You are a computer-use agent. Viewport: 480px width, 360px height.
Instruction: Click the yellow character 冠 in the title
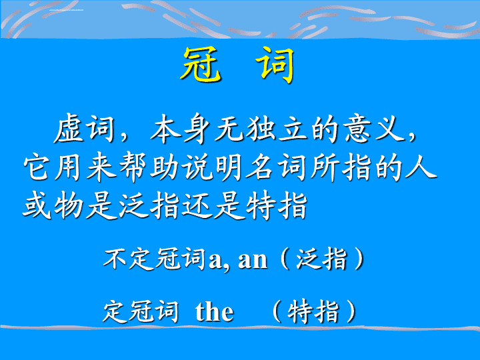click(201, 65)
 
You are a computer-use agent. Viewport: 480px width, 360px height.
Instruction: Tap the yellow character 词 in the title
click(275, 65)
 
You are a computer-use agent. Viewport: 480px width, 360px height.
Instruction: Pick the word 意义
click(375, 129)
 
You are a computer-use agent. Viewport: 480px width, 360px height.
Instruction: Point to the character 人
click(421, 167)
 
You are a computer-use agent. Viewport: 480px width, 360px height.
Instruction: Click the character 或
click(37, 205)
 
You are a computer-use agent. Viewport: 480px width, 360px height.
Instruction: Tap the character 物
click(69, 205)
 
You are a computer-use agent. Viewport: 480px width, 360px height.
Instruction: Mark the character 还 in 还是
click(197, 205)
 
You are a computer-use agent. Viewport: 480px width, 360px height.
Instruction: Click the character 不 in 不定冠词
click(115, 259)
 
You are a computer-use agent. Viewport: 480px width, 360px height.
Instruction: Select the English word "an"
click(253, 261)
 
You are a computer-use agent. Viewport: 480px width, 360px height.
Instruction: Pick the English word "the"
click(214, 311)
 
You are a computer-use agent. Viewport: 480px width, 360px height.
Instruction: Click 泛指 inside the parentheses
click(321, 259)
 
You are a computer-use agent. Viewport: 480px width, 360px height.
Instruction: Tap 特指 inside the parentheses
click(313, 311)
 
